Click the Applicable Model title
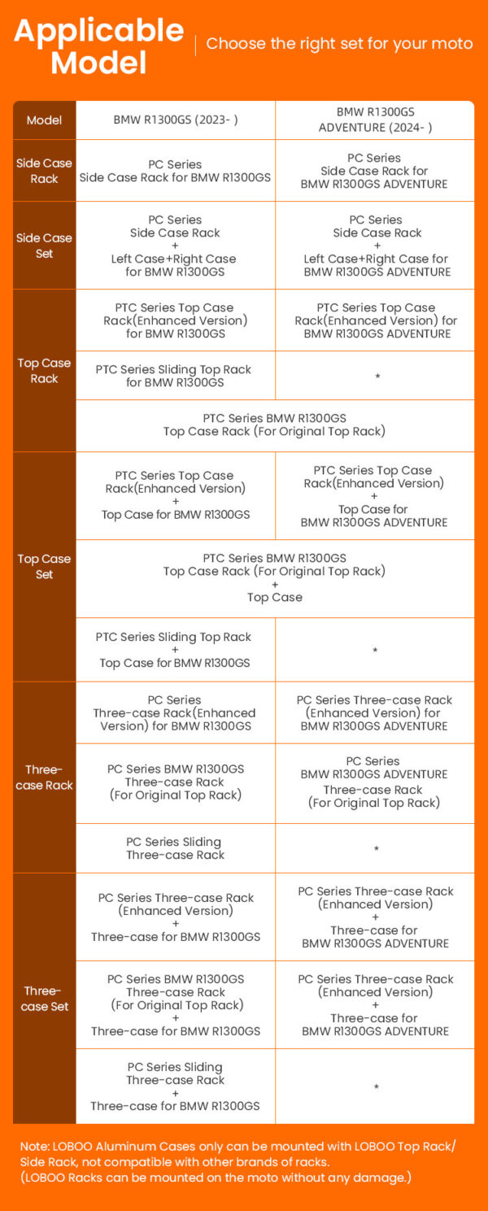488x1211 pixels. click(x=98, y=46)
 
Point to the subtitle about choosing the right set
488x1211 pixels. click(x=339, y=44)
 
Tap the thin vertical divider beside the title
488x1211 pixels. click(x=195, y=45)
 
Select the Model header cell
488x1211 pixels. click(x=44, y=120)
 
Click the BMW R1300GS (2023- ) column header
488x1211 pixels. click(x=176, y=120)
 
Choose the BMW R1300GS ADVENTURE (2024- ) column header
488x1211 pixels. click(x=375, y=120)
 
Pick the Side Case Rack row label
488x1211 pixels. click(x=44, y=171)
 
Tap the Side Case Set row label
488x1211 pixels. click(x=44, y=246)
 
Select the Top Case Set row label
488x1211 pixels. click(x=44, y=567)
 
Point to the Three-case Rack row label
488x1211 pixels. click(x=44, y=778)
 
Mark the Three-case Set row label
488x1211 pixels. click(x=44, y=999)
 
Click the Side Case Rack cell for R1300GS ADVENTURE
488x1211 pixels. click(x=374, y=171)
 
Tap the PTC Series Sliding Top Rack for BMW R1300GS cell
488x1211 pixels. click(x=175, y=376)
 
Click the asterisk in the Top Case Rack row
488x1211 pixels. click(x=377, y=377)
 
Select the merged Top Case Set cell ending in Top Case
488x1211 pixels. click(x=275, y=577)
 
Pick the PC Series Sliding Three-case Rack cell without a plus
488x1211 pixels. click(x=175, y=848)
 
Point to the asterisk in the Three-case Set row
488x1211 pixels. click(x=376, y=1087)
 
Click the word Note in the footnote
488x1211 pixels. click(x=35, y=1147)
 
